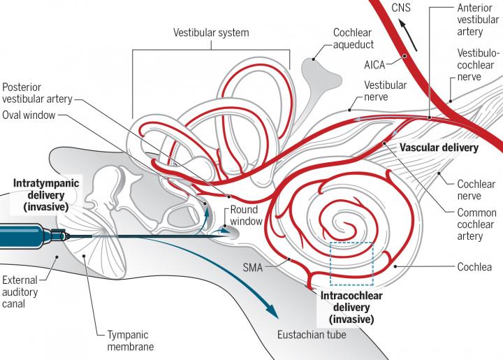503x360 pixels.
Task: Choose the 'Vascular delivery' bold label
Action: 437,148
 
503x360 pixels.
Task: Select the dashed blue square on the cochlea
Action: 352,264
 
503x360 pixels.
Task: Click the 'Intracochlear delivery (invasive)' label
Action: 347,307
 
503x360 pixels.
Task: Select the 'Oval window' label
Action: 28,115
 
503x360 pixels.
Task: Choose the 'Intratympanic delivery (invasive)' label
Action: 45,194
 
